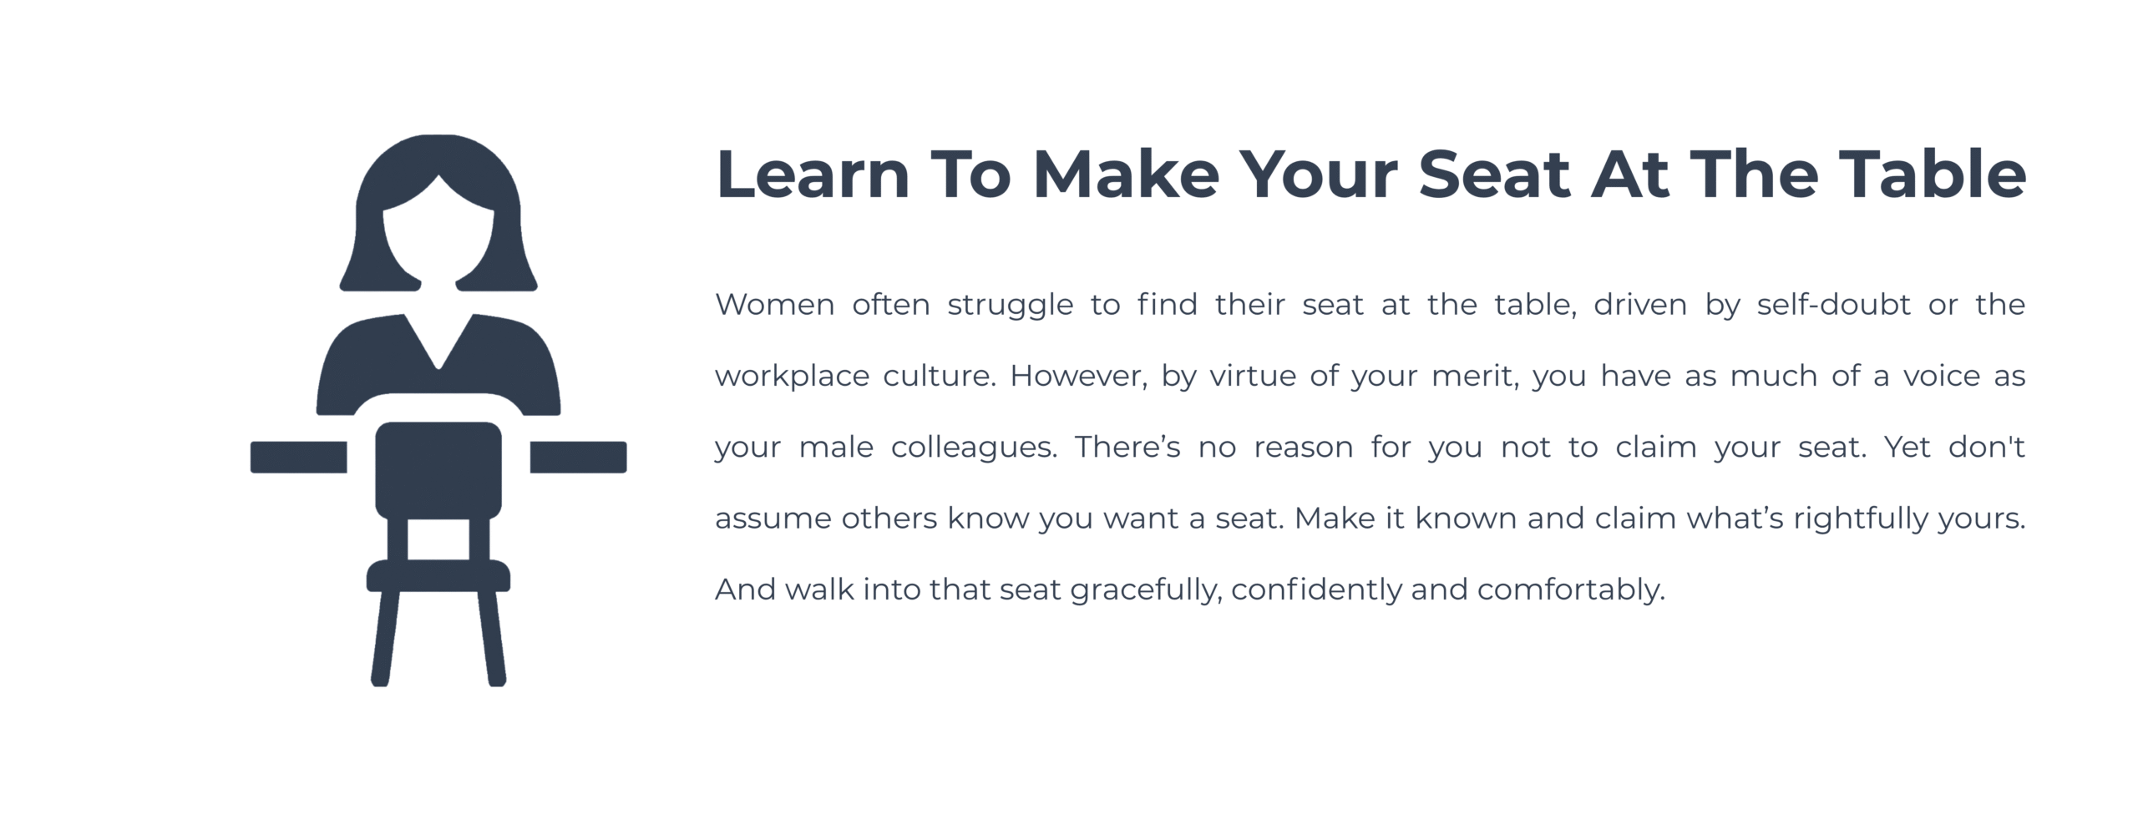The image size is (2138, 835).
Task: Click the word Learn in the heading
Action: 813,175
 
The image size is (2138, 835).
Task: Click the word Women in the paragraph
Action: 775,305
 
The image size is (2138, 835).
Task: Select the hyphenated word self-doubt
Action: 1834,304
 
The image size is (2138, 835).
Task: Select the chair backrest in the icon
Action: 438,470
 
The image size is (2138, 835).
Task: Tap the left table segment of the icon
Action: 299,457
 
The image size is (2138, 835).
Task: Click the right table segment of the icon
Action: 578,457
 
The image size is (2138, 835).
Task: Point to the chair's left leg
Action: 385,638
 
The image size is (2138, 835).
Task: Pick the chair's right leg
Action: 492,638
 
